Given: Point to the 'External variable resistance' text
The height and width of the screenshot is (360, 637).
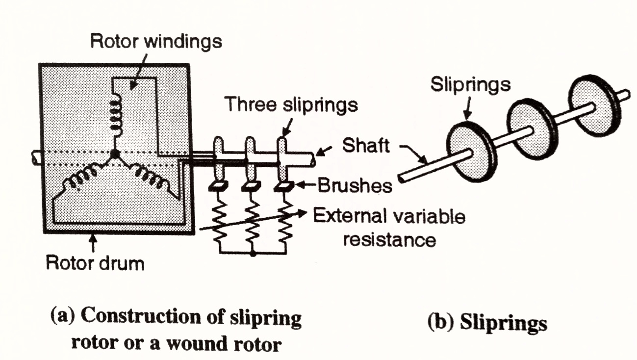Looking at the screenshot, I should coord(390,228).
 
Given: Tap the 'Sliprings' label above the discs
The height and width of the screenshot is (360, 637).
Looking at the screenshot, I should coord(470,85).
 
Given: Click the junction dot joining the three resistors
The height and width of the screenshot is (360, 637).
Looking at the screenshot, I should coord(252,254).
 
